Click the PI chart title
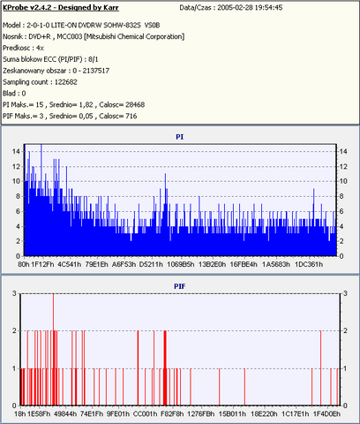point(179,137)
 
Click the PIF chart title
point(179,286)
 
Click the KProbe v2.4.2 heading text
point(61,8)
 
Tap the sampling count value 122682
point(66,82)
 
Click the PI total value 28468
point(135,104)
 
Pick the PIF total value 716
point(131,116)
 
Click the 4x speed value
point(40,48)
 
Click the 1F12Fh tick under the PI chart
point(42,264)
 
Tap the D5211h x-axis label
point(151,264)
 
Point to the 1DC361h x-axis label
point(309,264)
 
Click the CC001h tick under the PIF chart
point(145,414)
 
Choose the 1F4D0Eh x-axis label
point(326,414)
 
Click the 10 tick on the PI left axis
point(16,181)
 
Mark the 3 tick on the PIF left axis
point(14,293)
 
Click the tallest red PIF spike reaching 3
point(53,349)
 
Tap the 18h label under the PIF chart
point(20,414)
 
